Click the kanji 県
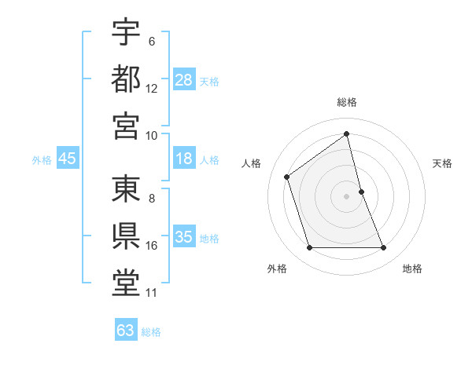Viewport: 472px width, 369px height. (126, 234)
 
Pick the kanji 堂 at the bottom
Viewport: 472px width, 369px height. (126, 281)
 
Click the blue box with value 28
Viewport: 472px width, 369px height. (184, 80)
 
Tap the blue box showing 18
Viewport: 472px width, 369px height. (184, 159)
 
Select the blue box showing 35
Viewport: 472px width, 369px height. (184, 238)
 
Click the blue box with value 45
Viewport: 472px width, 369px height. (68, 159)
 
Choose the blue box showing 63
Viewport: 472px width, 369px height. (126, 331)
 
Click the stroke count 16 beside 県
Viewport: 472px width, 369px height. (152, 246)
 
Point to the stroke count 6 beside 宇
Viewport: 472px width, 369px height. (152, 41)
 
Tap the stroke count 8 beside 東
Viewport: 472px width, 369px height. (152, 198)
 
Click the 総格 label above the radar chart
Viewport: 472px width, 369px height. (347, 102)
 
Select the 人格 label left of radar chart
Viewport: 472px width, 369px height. (252, 163)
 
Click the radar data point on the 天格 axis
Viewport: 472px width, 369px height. (361, 191)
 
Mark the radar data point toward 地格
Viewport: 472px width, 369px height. (383, 248)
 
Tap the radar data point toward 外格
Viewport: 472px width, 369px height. (309, 248)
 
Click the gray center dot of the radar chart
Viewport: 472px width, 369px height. (347, 195)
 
